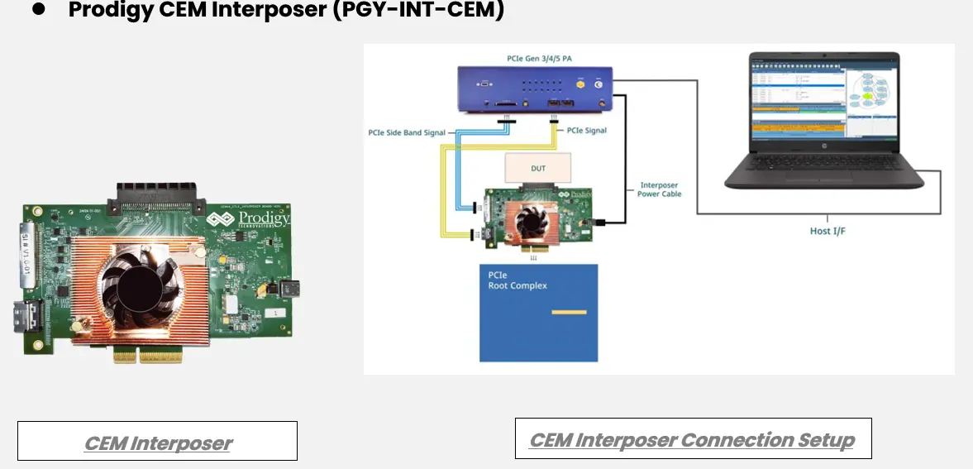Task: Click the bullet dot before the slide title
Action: (38, 10)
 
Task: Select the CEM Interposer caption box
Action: (157, 441)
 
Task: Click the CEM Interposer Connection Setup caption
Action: (692, 438)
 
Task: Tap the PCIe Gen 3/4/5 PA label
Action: (534, 59)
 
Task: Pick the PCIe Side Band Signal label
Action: (408, 132)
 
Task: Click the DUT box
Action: (537, 168)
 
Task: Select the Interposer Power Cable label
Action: (659, 189)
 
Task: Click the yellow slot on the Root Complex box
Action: (569, 312)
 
